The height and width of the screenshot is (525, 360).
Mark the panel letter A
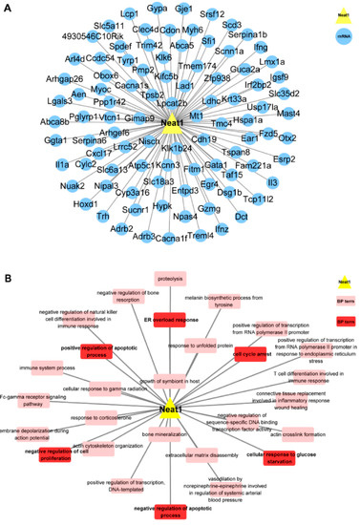pyautogui.click(x=7, y=7)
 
